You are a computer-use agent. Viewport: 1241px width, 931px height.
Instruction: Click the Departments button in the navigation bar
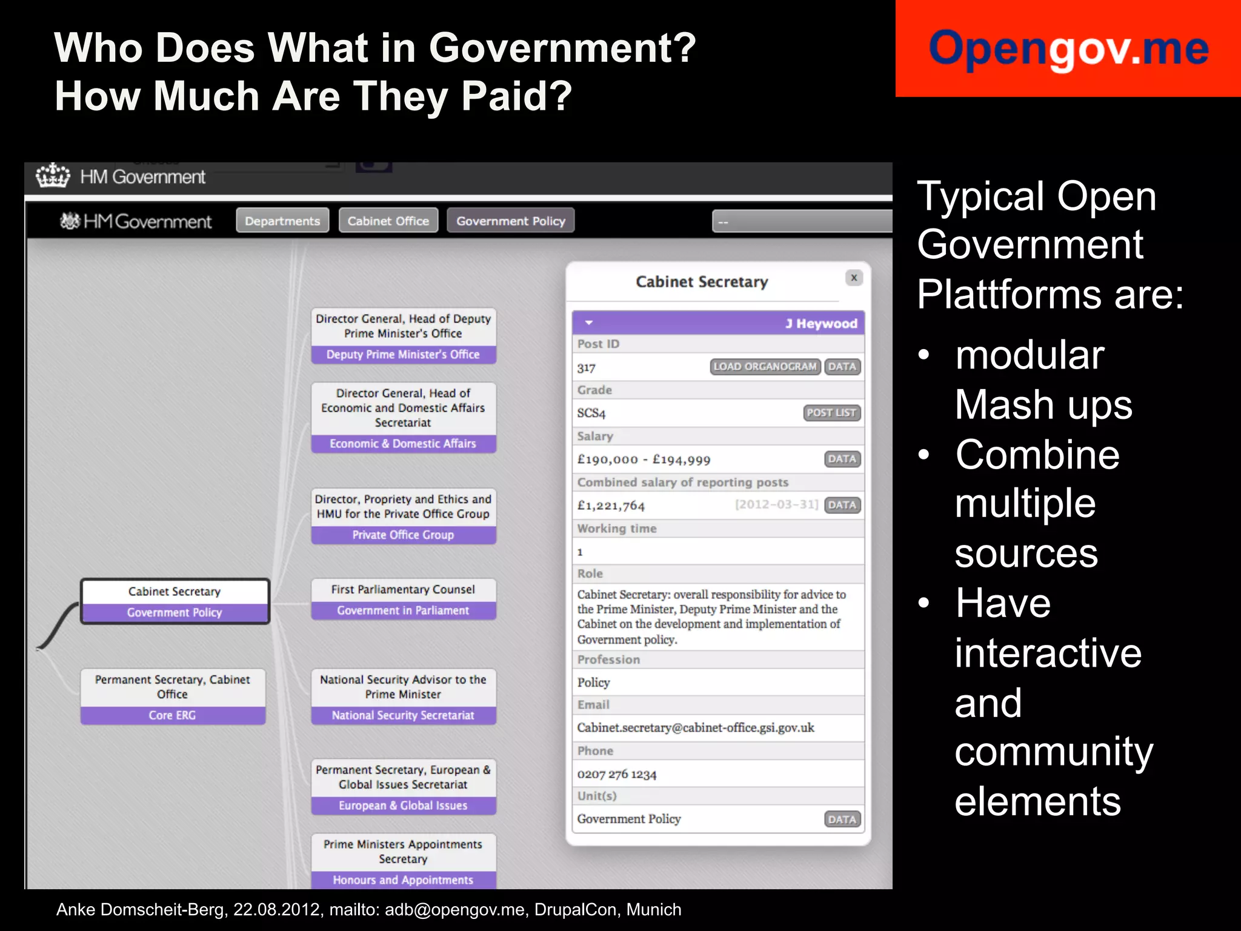click(282, 221)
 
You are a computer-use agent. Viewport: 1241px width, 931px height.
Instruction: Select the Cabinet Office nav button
click(388, 221)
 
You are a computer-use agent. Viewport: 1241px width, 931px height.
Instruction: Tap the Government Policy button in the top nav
click(510, 221)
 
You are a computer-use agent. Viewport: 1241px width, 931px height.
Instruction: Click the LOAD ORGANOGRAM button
click(765, 367)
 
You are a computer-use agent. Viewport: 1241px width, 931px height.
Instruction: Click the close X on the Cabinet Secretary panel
click(854, 278)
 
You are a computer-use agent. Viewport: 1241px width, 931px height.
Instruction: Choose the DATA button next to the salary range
click(842, 459)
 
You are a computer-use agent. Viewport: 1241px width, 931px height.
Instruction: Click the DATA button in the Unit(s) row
click(842, 819)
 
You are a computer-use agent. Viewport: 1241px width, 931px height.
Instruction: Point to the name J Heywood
click(821, 324)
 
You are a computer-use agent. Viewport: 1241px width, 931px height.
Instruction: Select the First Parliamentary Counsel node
click(403, 589)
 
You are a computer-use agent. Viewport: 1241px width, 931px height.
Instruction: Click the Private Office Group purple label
click(403, 535)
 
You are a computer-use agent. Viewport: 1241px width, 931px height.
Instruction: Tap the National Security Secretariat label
click(403, 715)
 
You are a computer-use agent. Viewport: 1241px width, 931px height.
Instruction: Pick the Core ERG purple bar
click(173, 715)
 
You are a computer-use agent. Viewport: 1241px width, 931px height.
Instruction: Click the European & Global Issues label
click(403, 806)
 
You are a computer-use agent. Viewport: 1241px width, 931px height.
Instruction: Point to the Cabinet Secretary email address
click(696, 727)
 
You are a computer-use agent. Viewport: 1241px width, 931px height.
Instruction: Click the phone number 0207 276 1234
click(617, 774)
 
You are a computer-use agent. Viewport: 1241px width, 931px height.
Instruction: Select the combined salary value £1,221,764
click(611, 506)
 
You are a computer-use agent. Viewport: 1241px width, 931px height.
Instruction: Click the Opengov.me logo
click(1068, 48)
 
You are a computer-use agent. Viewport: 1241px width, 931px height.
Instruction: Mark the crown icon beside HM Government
click(53, 176)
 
